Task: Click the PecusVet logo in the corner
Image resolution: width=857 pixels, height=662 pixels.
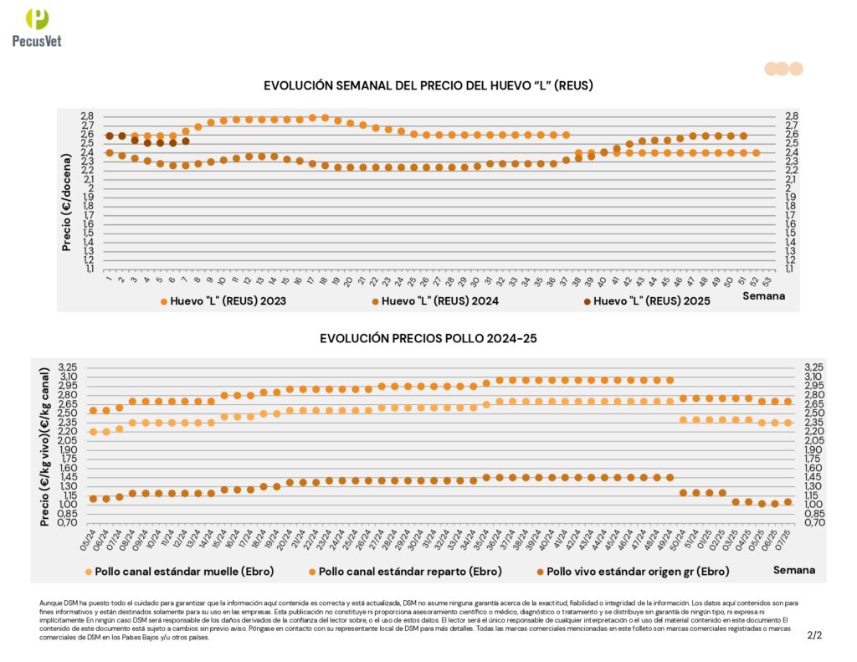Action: [x=38, y=29]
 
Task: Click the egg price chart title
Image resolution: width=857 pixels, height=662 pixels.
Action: [x=428, y=85]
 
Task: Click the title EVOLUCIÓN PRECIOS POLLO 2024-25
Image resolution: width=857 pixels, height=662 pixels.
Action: [x=428, y=338]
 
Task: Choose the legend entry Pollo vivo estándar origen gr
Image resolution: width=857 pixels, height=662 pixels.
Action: [x=627, y=572]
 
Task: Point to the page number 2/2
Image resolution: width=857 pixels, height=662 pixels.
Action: [x=814, y=635]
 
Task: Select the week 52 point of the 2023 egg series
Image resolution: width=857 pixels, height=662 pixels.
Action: [x=756, y=152]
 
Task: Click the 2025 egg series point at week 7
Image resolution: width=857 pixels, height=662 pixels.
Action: [x=185, y=141]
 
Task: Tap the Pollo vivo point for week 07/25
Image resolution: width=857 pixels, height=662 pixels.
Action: [x=788, y=502]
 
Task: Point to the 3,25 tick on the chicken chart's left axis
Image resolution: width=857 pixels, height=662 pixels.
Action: [x=67, y=367]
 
